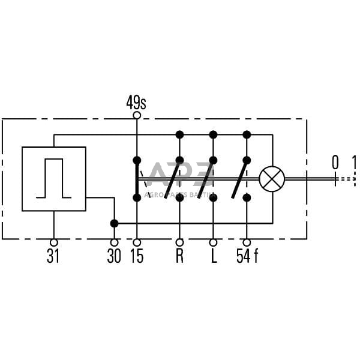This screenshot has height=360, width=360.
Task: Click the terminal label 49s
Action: coord(136,103)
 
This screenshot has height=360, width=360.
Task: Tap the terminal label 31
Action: coord(53,257)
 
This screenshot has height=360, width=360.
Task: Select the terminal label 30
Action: coord(114,257)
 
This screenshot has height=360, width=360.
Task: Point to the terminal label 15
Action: coord(137,257)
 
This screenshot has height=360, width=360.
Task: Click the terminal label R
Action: coord(179,257)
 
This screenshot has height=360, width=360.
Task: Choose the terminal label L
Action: coord(213,257)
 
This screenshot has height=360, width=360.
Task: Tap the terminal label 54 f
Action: coord(247,257)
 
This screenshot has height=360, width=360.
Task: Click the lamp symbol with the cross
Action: coord(272,179)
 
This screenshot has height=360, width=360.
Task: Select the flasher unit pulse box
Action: coord(54,179)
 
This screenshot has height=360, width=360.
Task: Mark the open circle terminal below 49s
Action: coord(137,115)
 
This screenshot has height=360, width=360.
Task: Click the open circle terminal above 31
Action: coord(53,243)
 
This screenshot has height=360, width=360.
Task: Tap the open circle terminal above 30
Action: coord(114,243)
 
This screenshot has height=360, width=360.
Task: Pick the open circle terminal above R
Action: coord(179,243)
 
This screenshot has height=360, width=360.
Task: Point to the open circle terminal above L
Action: coord(213,243)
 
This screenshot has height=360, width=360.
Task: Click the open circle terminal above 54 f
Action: coord(247,243)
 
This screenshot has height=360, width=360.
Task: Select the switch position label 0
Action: coord(335,162)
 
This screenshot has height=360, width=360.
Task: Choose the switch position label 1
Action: coord(355,162)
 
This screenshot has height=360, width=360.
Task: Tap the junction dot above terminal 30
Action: coord(114,223)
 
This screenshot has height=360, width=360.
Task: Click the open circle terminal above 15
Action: coord(137,243)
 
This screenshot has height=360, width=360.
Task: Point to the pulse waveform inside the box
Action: coord(54,178)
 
